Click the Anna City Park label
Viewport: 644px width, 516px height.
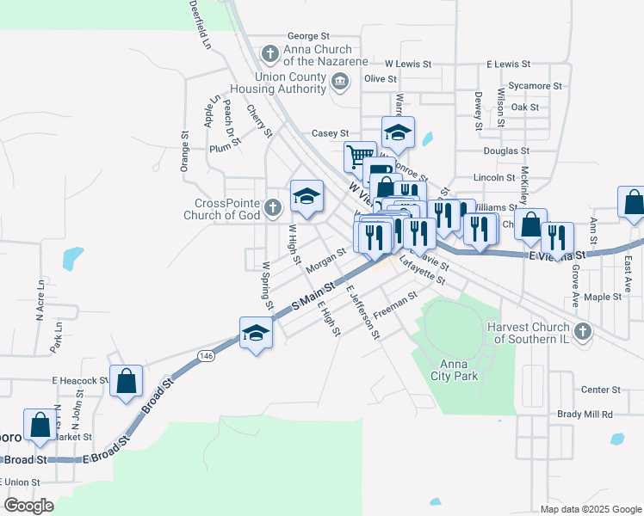pos(453,369)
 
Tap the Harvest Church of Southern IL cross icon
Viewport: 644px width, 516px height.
pos(583,331)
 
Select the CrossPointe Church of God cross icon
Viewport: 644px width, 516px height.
pos(273,207)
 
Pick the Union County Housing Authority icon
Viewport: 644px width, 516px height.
pos(340,83)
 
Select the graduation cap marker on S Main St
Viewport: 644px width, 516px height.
pos(256,332)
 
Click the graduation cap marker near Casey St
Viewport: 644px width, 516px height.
pos(398,132)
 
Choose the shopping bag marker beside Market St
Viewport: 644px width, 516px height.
pos(40,425)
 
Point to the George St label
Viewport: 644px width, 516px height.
pos(308,36)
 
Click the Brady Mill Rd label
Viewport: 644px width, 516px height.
pos(585,414)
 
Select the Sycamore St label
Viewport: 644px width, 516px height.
pos(535,86)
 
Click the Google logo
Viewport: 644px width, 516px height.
pos(28,506)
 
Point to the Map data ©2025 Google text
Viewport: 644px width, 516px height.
pos(590,509)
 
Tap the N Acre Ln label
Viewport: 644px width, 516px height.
pos(40,300)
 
